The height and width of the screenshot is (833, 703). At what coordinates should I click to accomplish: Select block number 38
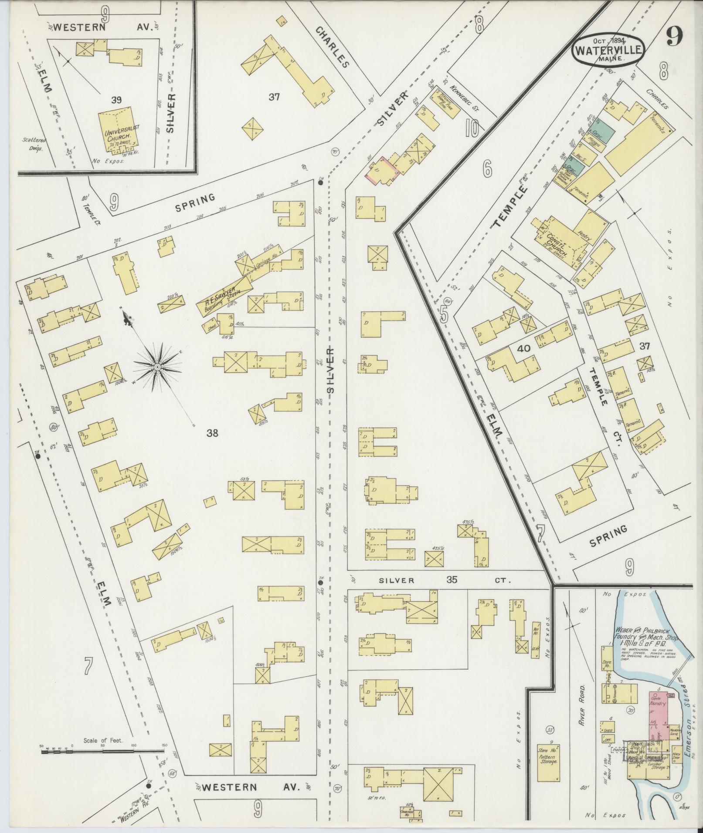click(x=212, y=433)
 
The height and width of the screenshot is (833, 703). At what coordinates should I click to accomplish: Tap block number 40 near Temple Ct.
click(x=523, y=348)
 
